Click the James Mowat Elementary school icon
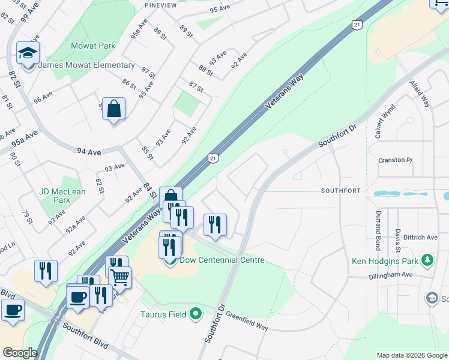[28, 53]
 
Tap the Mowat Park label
[92, 46]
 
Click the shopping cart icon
[120, 277]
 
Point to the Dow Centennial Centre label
[222, 260]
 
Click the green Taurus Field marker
[195, 313]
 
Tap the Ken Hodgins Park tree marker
[427, 260]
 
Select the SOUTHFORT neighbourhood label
[340, 191]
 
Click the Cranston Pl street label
[396, 160]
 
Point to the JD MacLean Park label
[62, 196]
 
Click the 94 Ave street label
[89, 152]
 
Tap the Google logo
[20, 353]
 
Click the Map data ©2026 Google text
[412, 355]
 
